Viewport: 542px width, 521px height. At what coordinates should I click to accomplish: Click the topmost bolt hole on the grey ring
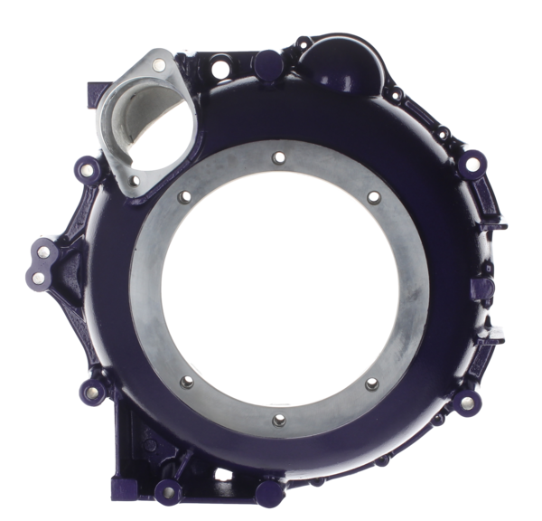coord(276,156)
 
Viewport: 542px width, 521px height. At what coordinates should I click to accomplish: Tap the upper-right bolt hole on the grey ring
coord(372,196)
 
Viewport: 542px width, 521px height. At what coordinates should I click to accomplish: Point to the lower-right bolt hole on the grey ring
coord(372,384)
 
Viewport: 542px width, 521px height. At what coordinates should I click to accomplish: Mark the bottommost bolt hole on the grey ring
coord(277,422)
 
